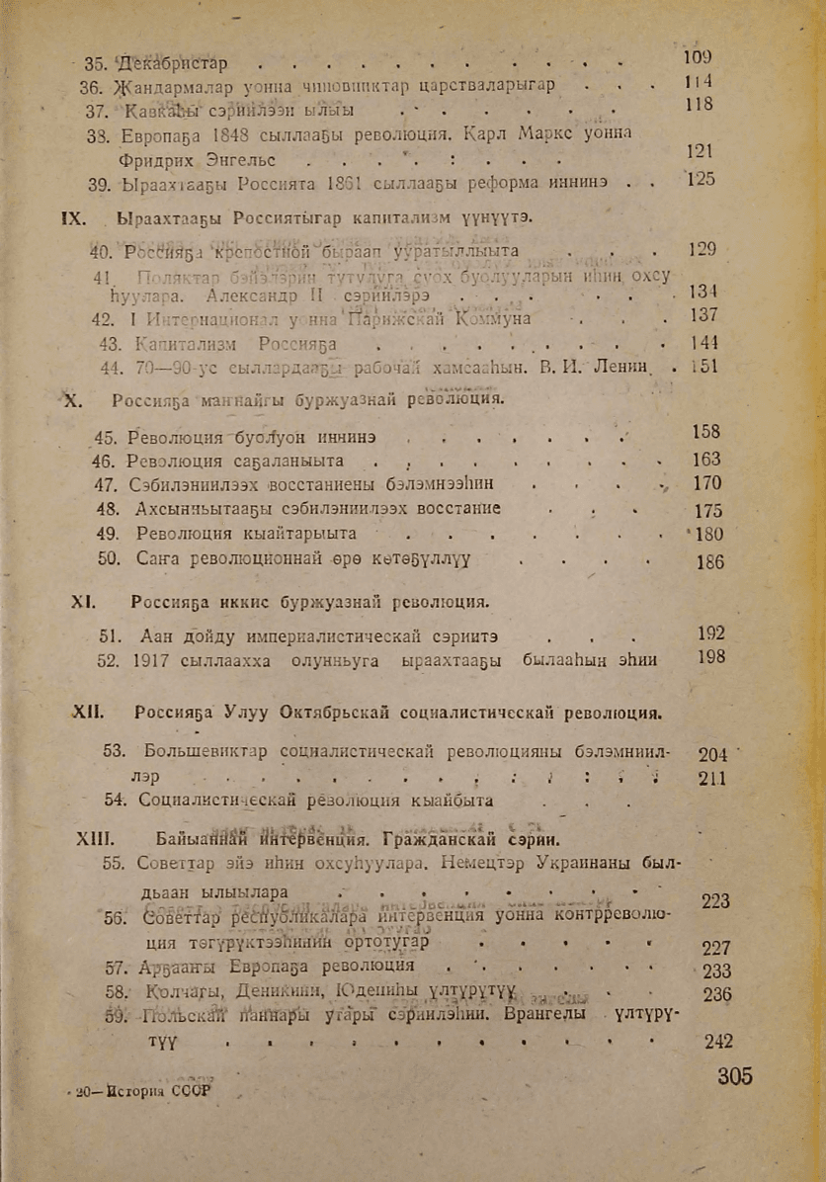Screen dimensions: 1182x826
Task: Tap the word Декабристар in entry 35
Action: pyautogui.click(x=173, y=64)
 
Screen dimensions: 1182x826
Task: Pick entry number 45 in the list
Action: pyautogui.click(x=104, y=437)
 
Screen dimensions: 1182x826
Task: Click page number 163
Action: pyautogui.click(x=706, y=460)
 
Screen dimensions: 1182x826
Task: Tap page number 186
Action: pyautogui.click(x=710, y=562)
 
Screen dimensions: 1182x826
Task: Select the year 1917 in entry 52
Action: pyautogui.click(x=149, y=657)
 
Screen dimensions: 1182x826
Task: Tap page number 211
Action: pyautogui.click(x=711, y=778)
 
